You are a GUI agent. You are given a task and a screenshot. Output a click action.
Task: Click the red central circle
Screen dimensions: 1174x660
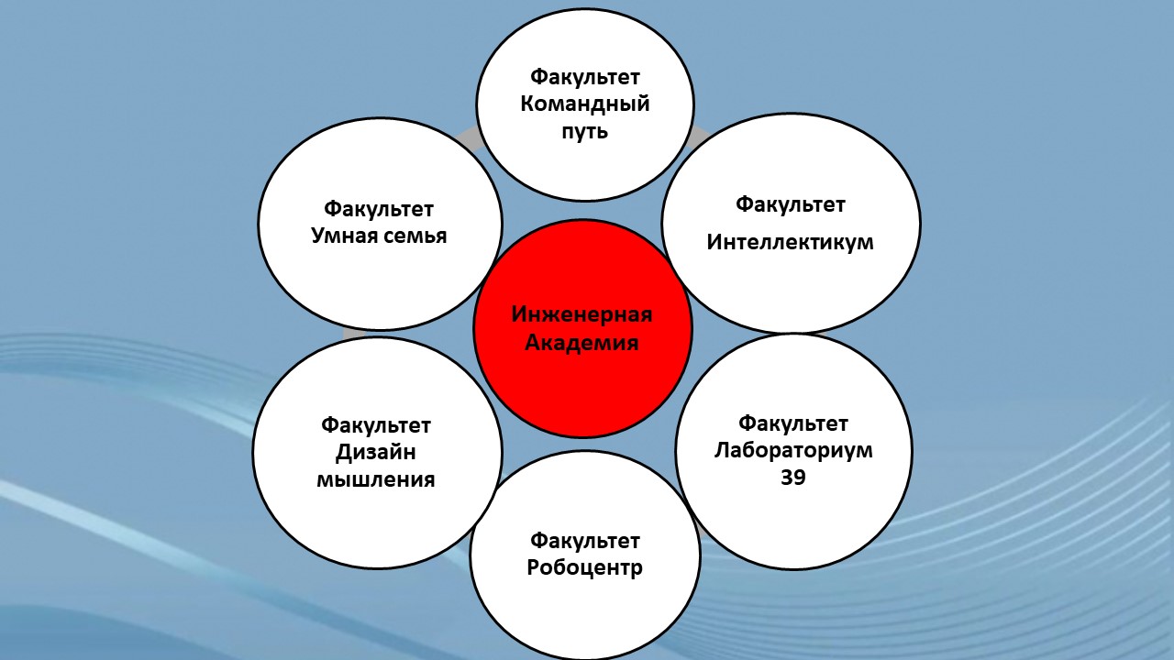(x=582, y=328)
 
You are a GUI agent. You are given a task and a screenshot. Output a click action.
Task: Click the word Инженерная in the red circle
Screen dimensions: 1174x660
(x=581, y=314)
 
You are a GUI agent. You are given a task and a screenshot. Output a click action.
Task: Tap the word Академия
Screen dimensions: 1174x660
(x=581, y=343)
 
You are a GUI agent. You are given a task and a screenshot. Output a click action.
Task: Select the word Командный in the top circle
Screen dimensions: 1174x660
(x=585, y=104)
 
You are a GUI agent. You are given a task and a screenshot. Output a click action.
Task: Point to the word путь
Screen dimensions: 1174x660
(x=585, y=131)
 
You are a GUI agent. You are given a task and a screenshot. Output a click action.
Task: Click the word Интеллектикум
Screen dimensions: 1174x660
(x=791, y=242)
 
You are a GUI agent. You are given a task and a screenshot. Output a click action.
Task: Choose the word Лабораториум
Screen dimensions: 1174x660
(x=793, y=451)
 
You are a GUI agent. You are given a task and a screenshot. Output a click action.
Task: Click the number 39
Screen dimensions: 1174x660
(x=793, y=478)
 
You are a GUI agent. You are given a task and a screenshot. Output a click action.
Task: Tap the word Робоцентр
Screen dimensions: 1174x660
(x=585, y=568)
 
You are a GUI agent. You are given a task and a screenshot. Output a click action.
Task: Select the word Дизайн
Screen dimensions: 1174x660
(x=376, y=453)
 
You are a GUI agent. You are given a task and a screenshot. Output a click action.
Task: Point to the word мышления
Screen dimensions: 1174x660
(x=376, y=479)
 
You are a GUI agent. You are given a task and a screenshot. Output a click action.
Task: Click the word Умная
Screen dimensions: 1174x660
(x=343, y=236)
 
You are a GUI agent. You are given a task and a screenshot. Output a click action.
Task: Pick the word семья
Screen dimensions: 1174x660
(x=415, y=236)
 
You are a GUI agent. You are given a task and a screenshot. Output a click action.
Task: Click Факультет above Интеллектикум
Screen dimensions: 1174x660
(x=791, y=204)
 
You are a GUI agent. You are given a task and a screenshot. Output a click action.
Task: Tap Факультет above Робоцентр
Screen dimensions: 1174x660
(x=585, y=541)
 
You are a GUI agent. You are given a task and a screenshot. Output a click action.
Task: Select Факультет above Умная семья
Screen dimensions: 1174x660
(x=379, y=209)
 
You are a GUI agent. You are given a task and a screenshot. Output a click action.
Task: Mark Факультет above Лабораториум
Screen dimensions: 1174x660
(x=793, y=423)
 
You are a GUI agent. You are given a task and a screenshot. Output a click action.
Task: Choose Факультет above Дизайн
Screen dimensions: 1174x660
(x=376, y=425)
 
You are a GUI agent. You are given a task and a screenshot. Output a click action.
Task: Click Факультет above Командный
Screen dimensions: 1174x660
(x=585, y=77)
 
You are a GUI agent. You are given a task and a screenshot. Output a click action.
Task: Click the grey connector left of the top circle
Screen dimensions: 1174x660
(x=469, y=137)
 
